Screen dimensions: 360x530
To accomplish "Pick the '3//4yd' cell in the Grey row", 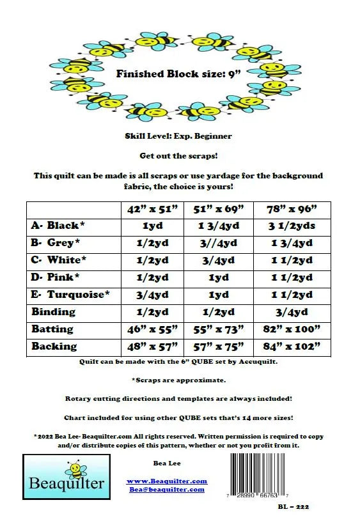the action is click(x=219, y=243).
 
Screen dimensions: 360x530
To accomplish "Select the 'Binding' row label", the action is click(x=53, y=312).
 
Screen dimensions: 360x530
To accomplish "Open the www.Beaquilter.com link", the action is click(x=166, y=481).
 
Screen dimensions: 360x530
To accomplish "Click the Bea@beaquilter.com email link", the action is click(x=166, y=489).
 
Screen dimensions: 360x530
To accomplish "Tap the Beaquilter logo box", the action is click(x=66, y=476).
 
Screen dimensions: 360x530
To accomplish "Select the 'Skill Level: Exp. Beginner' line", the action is click(x=178, y=136).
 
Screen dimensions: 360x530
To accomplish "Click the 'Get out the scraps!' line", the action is click(x=178, y=155).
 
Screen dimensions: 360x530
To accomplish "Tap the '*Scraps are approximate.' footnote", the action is click(x=178, y=380).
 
